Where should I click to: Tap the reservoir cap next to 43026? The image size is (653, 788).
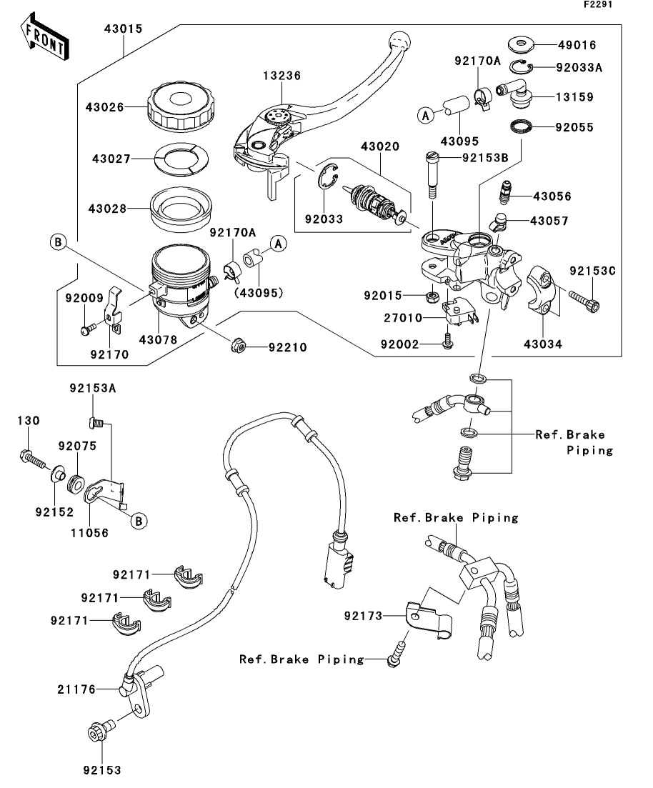click(181, 108)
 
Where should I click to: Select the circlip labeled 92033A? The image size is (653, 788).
click(522, 68)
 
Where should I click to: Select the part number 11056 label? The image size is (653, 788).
click(90, 532)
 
